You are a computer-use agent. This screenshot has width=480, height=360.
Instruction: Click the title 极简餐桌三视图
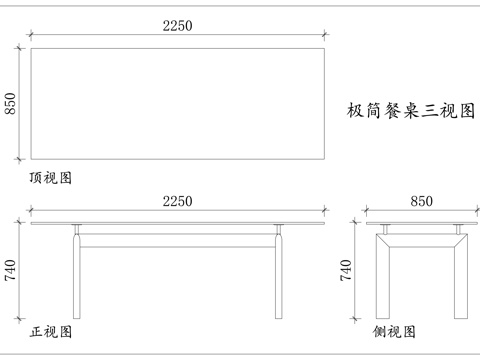tap(409, 110)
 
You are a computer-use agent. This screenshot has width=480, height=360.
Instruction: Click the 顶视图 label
tap(50, 177)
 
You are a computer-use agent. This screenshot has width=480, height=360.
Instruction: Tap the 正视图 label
tap(50, 330)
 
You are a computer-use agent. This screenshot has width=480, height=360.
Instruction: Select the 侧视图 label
tap(394, 330)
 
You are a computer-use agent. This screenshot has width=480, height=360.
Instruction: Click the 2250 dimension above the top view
tap(177, 29)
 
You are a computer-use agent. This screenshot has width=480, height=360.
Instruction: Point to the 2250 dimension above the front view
tap(177, 202)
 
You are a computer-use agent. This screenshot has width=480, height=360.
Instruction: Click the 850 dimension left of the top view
tap(12, 103)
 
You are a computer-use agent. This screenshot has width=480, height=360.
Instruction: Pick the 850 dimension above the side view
tap(422, 202)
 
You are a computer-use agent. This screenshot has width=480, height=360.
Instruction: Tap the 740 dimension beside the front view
tap(12, 272)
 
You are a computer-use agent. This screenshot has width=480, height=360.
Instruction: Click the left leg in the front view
tap(77, 280)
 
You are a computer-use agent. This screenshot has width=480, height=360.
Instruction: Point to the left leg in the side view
tap(382, 285)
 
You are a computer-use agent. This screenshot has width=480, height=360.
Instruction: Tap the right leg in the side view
tap(461, 285)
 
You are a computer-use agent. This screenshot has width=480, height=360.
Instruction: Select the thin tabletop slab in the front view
tap(177, 224)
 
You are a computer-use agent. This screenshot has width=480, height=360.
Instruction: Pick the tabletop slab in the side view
tap(422, 224)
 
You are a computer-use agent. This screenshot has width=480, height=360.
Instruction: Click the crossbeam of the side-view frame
tap(422, 238)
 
